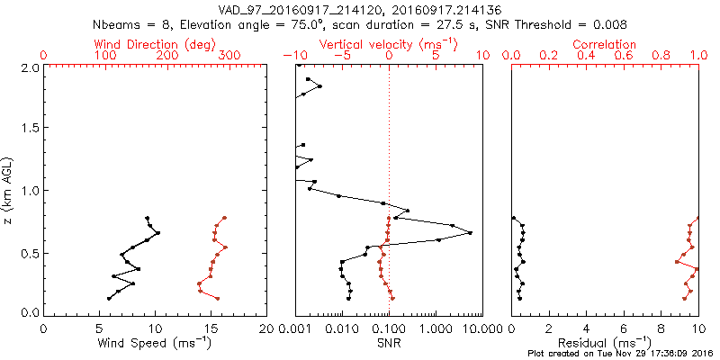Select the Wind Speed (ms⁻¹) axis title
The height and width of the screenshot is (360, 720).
tap(156, 343)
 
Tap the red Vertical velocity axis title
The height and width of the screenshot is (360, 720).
tap(388, 44)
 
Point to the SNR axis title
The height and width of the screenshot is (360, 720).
tap(389, 343)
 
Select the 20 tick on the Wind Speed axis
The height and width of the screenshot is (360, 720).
tap(266, 329)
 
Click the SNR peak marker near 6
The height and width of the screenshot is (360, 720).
tap(470, 233)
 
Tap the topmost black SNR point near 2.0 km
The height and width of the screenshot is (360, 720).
tap(308, 79)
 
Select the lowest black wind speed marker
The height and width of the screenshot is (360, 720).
tap(109, 298)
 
